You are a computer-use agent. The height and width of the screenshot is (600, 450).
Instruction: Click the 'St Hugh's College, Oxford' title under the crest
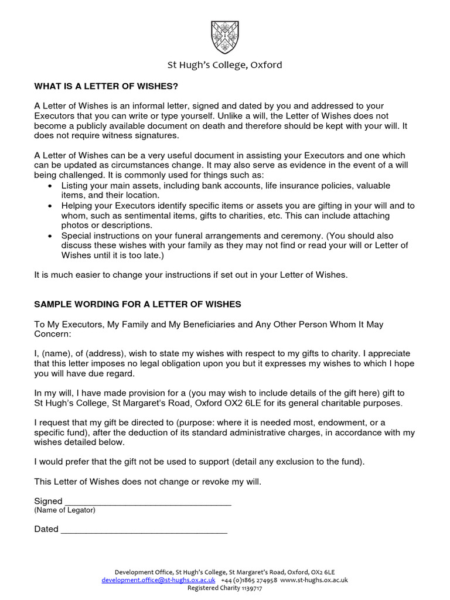point(225,65)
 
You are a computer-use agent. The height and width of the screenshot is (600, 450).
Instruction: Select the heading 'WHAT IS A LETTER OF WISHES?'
point(105,87)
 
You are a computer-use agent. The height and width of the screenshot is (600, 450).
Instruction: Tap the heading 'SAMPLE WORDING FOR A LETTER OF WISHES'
point(137,305)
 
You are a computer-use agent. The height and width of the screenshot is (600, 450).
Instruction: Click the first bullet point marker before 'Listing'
point(49,186)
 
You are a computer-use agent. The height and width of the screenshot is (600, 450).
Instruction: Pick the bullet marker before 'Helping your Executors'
point(49,206)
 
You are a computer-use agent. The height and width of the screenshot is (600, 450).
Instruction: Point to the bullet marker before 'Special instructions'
point(49,236)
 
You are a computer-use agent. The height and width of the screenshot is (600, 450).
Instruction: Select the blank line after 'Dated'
point(144,530)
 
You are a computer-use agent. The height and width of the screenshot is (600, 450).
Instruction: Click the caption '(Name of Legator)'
point(64,510)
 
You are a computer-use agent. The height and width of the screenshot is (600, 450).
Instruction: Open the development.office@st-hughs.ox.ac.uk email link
point(154,580)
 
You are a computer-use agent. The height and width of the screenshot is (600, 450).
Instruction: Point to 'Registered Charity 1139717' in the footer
point(225,588)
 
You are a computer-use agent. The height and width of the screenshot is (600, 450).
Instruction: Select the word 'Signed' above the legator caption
point(48,501)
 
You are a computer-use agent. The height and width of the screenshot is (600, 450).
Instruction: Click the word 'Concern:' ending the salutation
point(52,333)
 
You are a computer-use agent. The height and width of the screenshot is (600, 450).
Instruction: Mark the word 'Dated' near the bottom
point(46,529)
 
